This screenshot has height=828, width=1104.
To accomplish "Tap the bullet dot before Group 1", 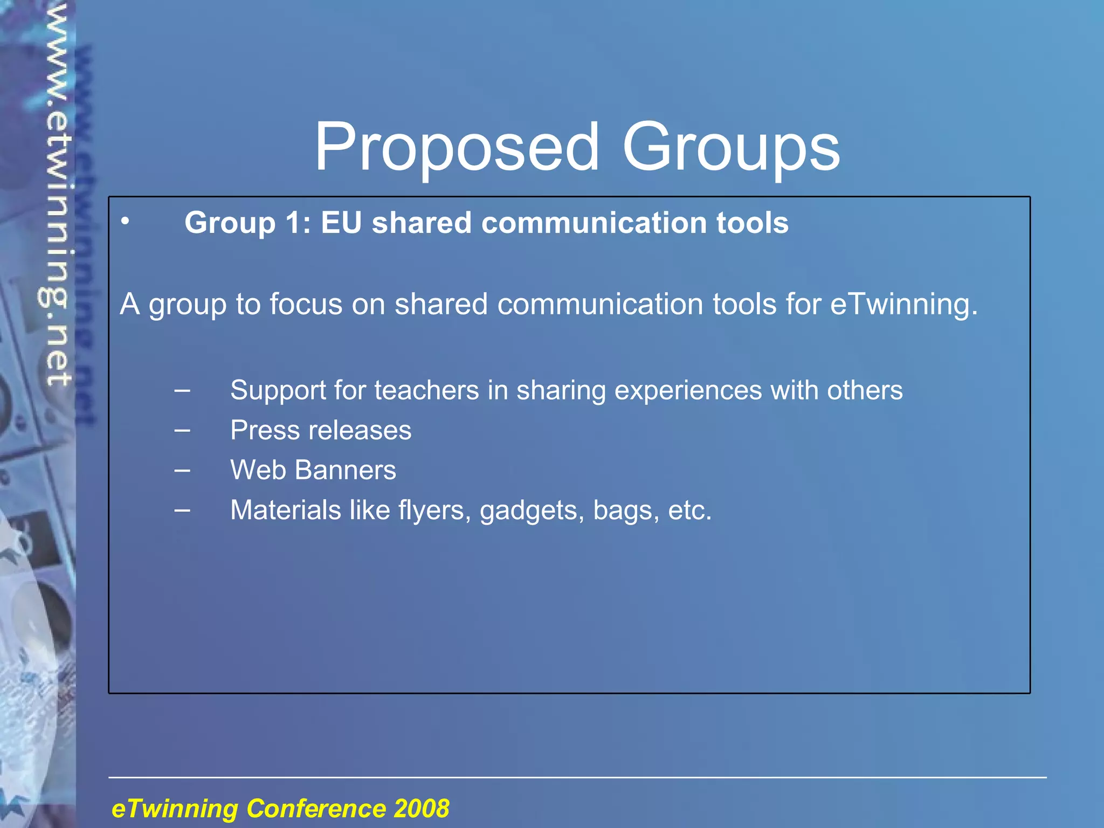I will [125, 221].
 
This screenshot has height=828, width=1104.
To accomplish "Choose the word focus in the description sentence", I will [306, 303].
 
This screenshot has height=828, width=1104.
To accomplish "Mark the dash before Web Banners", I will [182, 470].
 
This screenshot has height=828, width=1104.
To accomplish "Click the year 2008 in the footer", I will [422, 809].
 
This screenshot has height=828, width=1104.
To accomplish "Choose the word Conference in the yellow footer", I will [316, 809].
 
